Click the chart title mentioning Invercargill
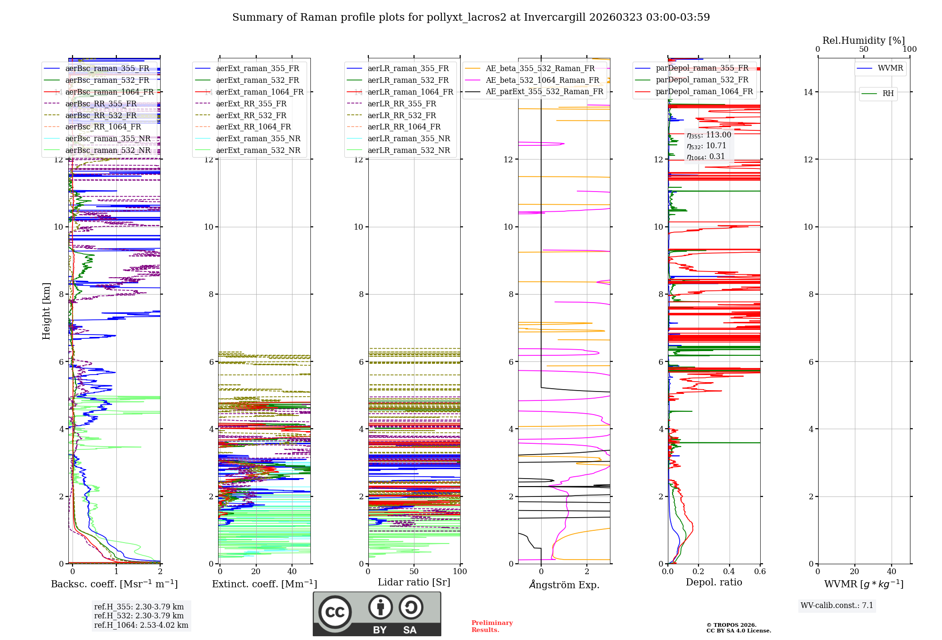tap(471, 17)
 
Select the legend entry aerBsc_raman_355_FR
tap(107, 69)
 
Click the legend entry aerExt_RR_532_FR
tap(251, 115)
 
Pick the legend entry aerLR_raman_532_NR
tap(408, 151)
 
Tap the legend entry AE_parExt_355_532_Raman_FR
tap(544, 92)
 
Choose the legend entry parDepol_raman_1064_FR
tap(704, 92)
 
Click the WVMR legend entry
tap(890, 68)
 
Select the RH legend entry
tap(887, 94)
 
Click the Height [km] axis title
tap(46, 311)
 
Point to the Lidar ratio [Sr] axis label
tap(414, 583)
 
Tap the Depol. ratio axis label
tap(714, 583)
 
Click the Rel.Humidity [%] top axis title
tap(863, 40)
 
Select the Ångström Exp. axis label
tap(564, 584)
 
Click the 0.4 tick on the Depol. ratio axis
tap(729, 572)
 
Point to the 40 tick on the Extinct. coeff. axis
tap(292, 572)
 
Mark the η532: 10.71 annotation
tap(706, 146)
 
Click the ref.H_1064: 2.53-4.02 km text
tap(141, 625)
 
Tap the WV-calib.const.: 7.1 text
tap(836, 606)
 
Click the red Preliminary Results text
tap(492, 626)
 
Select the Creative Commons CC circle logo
tap(335, 612)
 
